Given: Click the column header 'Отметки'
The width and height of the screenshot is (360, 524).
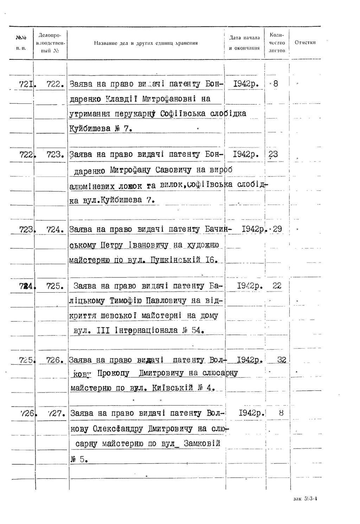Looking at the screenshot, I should pyautogui.click(x=305, y=43).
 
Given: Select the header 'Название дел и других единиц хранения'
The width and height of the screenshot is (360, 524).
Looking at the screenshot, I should pyautogui.click(x=146, y=43).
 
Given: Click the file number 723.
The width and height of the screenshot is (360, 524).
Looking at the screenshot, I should pyautogui.click(x=54, y=154).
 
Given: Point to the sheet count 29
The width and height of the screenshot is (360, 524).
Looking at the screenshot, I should pyautogui.click(x=277, y=229).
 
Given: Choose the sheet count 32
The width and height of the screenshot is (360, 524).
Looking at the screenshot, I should pyautogui.click(x=282, y=360).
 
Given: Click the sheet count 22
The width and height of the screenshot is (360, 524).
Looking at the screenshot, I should pyautogui.click(x=277, y=286).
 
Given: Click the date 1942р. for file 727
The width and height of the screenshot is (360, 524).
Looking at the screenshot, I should pyautogui.click(x=251, y=413).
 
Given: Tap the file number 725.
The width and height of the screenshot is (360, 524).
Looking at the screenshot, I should pyautogui.click(x=54, y=286).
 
